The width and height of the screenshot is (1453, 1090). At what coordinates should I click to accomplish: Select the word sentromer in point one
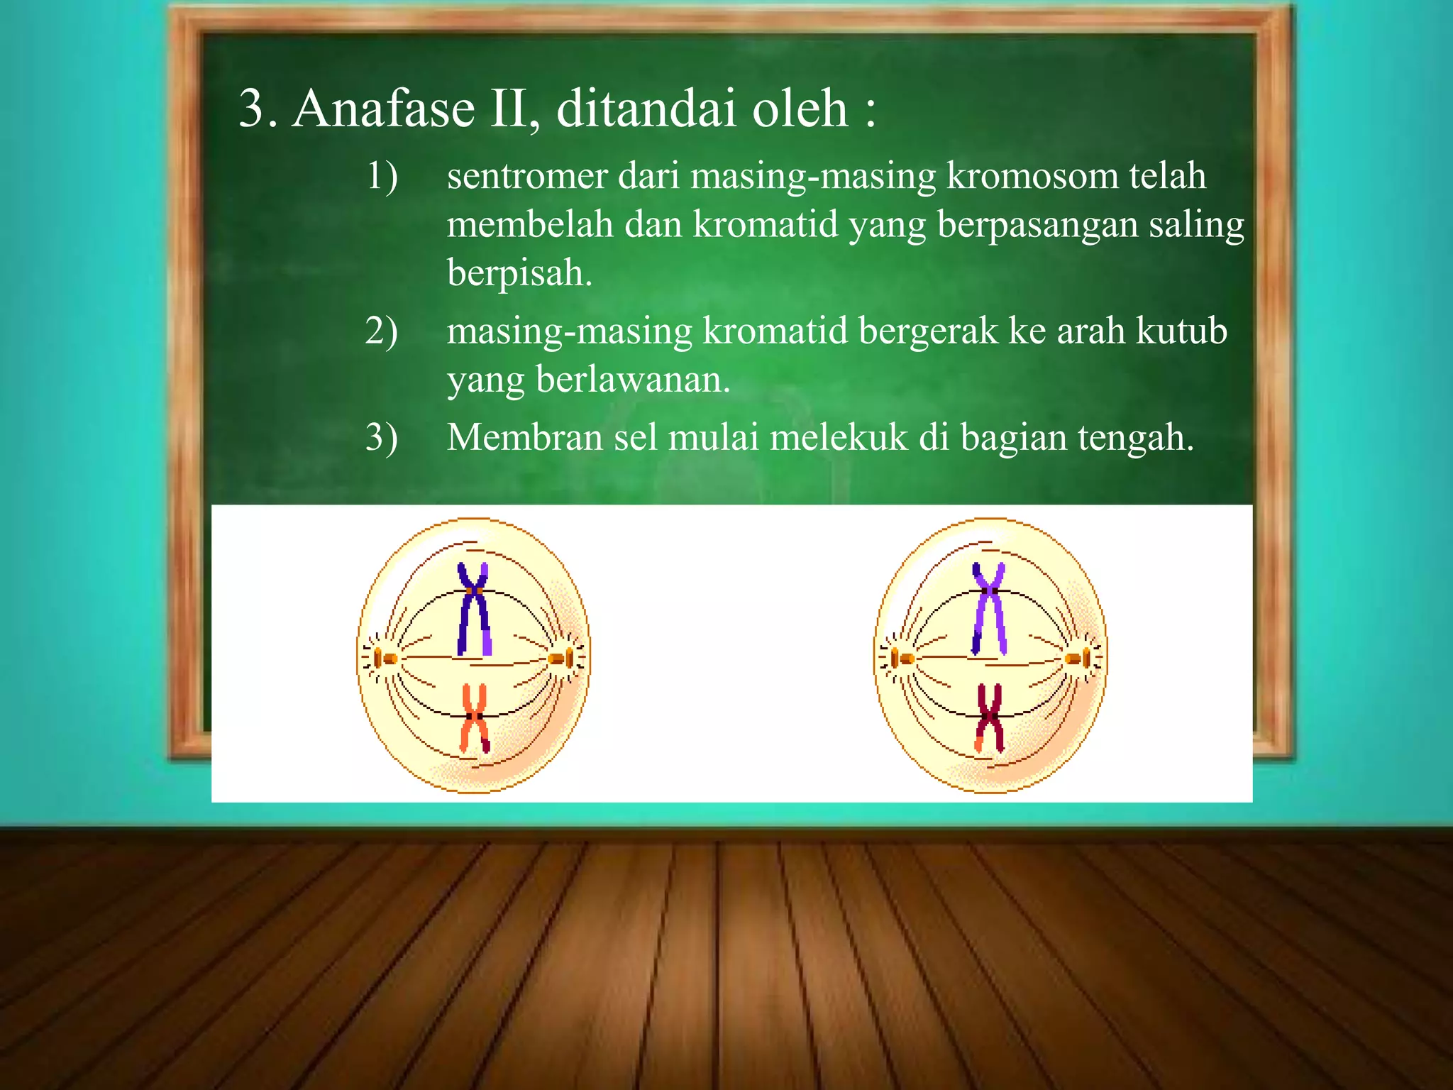point(527,177)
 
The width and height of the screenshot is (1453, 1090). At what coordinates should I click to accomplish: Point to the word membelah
point(530,225)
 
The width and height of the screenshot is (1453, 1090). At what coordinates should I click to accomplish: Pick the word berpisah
point(519,273)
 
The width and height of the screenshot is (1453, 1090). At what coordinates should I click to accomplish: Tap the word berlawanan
point(633,380)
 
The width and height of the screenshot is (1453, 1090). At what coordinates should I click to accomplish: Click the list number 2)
point(382,331)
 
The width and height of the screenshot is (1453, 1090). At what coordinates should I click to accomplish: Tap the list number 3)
point(382,438)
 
